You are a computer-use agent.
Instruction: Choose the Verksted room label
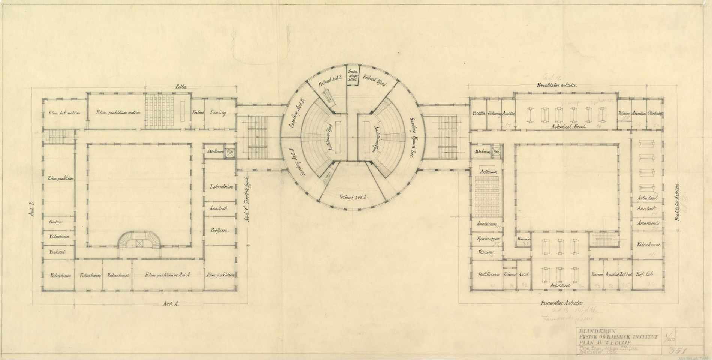[x=57, y=252]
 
